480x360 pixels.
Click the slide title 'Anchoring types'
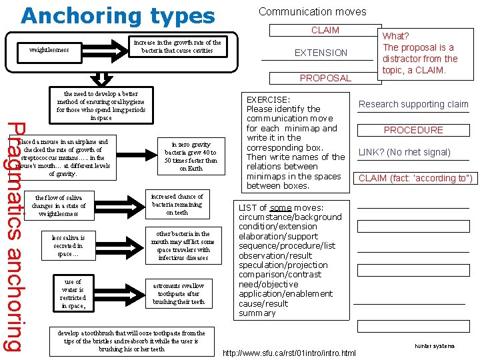coord(118,16)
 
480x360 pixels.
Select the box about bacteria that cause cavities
coord(177,47)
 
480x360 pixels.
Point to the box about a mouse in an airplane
coord(65,157)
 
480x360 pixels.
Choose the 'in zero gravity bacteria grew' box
coord(191,156)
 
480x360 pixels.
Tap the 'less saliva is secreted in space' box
coord(69,245)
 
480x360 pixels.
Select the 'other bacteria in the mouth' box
coord(183,245)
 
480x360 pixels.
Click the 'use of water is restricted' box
coord(73,294)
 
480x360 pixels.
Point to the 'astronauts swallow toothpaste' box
coord(179,293)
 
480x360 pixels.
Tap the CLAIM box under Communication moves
coord(325,30)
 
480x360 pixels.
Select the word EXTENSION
coord(321,53)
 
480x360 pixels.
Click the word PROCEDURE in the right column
coord(413,130)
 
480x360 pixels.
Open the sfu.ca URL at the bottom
coord(289,352)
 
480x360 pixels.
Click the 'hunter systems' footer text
coord(435,346)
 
